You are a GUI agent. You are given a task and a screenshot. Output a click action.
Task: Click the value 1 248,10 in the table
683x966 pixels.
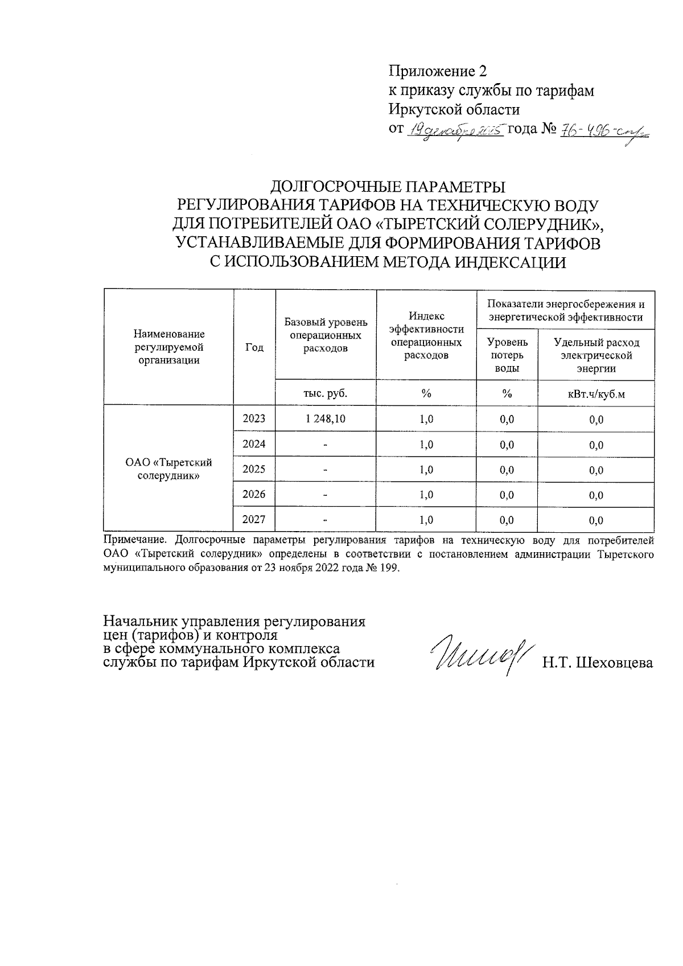coord(325,419)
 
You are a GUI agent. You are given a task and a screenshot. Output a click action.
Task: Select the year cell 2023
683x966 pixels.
coord(254,419)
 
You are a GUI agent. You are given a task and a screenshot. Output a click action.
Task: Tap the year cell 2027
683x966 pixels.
coord(254,520)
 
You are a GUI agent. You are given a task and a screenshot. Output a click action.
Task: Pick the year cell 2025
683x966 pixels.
coord(254,470)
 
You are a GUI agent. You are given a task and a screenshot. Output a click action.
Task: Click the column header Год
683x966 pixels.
coord(254,347)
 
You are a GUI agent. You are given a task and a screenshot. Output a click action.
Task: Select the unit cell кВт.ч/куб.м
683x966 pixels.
coord(596,394)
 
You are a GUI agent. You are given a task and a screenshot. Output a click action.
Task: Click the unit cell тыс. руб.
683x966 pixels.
coord(325,393)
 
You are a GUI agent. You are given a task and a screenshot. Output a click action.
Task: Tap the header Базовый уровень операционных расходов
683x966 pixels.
coord(325,335)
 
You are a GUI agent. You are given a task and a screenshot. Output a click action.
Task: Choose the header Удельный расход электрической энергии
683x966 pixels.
coord(596,355)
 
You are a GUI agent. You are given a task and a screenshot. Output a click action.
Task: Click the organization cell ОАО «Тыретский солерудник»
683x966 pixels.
coord(168,469)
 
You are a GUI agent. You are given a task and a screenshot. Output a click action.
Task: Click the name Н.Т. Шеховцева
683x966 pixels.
coord(598,663)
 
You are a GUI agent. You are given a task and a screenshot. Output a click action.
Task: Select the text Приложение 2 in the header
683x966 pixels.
coord(438,72)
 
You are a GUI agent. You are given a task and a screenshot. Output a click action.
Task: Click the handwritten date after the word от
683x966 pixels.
coord(455,131)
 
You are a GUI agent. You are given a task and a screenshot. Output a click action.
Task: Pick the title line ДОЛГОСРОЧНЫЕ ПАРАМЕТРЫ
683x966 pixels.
coord(387,187)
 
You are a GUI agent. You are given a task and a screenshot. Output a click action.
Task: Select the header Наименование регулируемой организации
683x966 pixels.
coord(168,347)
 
